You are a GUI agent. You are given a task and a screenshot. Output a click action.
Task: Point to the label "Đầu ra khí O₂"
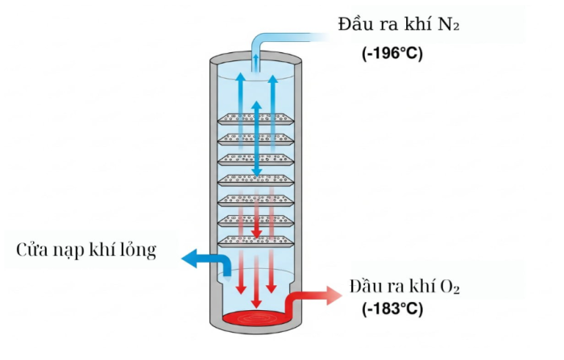tap(405, 288)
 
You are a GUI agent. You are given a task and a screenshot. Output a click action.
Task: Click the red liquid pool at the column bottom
tap(257, 320)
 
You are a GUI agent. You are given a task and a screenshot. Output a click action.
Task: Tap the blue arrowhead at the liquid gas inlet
tap(190, 259)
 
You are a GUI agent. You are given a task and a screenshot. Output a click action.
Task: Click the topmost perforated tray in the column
tap(257, 119)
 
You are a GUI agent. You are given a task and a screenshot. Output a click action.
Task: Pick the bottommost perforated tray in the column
tap(257, 241)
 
